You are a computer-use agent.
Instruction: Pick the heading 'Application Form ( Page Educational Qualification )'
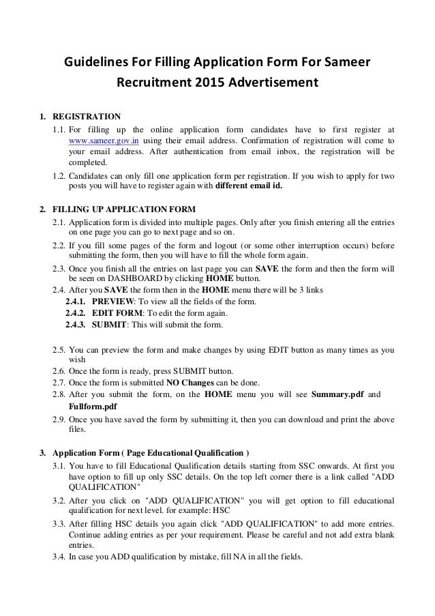pyautogui.click(x=151, y=453)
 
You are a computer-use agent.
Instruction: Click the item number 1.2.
pyautogui.click(x=59, y=175)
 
